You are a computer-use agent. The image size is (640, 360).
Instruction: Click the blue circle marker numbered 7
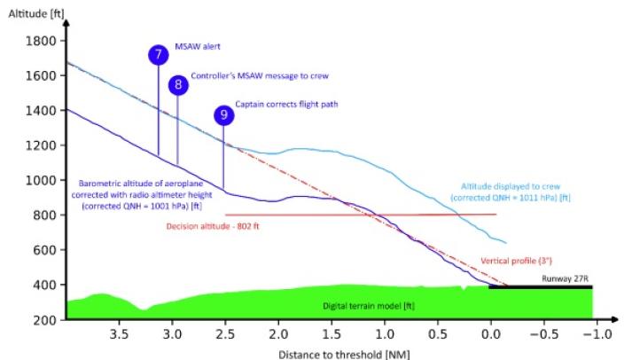(x=158, y=55)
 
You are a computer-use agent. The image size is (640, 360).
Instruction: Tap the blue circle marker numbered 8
(x=179, y=85)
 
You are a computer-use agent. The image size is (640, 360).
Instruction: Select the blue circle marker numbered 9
(x=224, y=115)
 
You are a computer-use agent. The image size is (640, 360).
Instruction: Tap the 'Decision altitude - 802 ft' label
(x=217, y=225)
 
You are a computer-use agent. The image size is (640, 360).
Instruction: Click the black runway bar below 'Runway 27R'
(x=540, y=287)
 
